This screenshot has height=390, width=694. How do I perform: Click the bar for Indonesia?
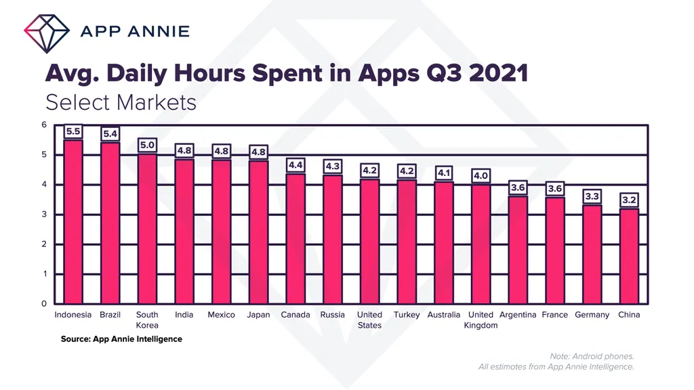coord(73,221)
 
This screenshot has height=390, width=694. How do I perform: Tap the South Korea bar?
coord(147,229)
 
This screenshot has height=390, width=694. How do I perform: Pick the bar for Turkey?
coord(407,241)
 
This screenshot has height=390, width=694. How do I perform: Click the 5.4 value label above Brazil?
coord(110,134)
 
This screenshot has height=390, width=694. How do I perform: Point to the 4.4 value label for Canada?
coord(295,165)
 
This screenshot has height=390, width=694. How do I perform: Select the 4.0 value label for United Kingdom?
coord(481,176)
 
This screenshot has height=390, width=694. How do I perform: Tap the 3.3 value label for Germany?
coord(592,197)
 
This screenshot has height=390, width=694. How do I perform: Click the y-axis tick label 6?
coord(43,125)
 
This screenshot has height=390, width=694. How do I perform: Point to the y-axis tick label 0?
coord(43,304)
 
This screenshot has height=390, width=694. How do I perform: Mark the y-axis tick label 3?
coord(43,215)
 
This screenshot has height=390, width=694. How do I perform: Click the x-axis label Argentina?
coord(518,315)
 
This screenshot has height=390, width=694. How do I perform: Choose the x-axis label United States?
coord(369,320)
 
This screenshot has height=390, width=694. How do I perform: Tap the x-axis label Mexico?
coord(221,315)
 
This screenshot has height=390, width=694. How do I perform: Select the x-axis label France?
coord(554,315)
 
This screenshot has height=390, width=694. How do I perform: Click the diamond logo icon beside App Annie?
coord(47,30)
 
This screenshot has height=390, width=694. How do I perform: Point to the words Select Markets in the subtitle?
coord(121,102)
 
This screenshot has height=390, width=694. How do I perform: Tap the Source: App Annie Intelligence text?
coord(121,339)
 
